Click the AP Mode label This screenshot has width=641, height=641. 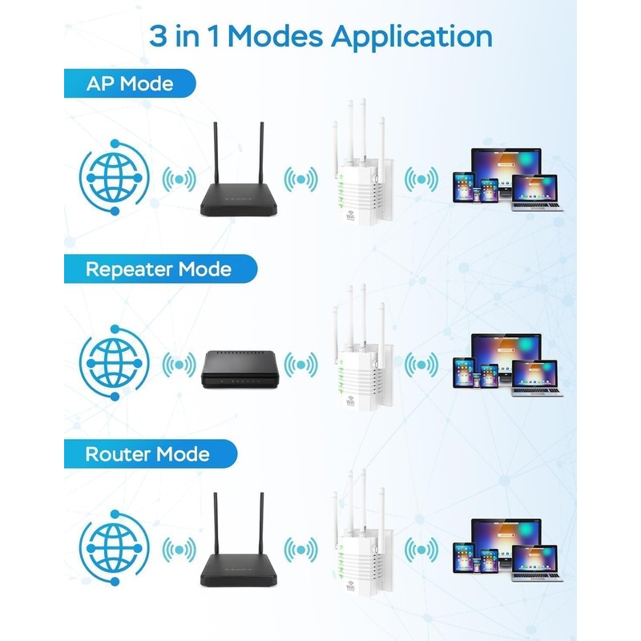tap(129, 83)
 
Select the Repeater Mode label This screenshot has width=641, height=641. tap(158, 269)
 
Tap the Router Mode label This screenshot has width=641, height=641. tap(147, 454)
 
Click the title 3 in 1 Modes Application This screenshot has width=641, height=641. tap(320, 36)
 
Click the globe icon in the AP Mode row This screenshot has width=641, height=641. tap(113, 178)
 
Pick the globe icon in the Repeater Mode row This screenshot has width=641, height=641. tap(113, 365)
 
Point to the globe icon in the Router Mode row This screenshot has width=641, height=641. tap(113, 550)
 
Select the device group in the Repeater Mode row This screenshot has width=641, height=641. tap(507, 366)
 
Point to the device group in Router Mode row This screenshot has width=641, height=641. tap(507, 551)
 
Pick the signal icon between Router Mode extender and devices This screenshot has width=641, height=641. tap(421, 550)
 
